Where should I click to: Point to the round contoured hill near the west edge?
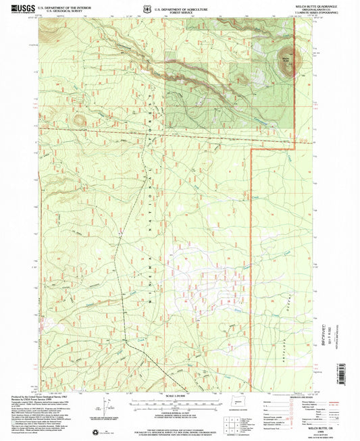tap(80, 120)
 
